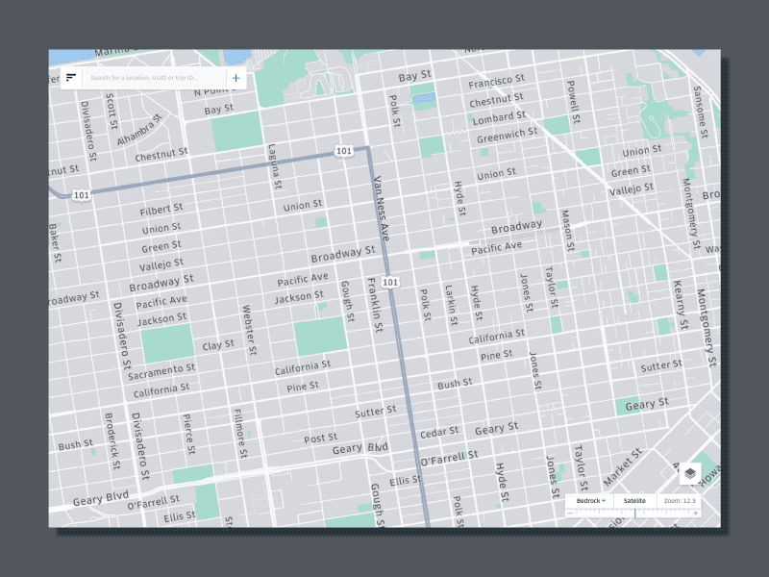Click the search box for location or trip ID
click(x=154, y=77)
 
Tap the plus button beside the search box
click(x=236, y=77)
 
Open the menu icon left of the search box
click(x=71, y=77)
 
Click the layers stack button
click(x=690, y=472)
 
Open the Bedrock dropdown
click(x=591, y=501)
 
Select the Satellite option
click(x=634, y=501)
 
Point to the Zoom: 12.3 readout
click(x=680, y=501)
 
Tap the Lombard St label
click(x=492, y=117)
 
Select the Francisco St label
click(x=496, y=82)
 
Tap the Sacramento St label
click(x=161, y=369)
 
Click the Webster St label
click(x=248, y=328)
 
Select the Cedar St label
click(x=439, y=434)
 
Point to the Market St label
click(x=623, y=465)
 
